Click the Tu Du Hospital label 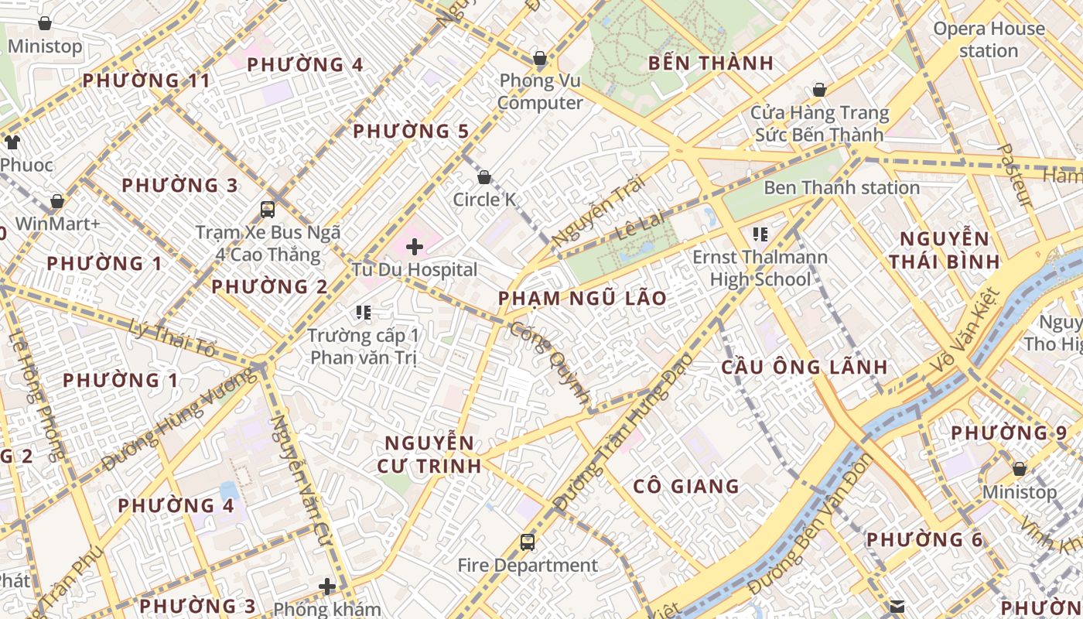pyautogui.click(x=415, y=270)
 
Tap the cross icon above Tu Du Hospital pyautogui.click(x=415, y=247)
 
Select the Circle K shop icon pyautogui.click(x=484, y=177)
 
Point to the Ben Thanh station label pyautogui.click(x=842, y=188)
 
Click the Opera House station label pyautogui.click(x=989, y=40)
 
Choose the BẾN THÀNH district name pyautogui.click(x=711, y=63)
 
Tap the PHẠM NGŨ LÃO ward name pyautogui.click(x=582, y=299)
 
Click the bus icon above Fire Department pyautogui.click(x=528, y=542)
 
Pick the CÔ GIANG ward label pyautogui.click(x=686, y=487)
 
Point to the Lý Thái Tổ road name pyautogui.click(x=173, y=338)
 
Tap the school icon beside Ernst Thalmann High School pyautogui.click(x=760, y=234)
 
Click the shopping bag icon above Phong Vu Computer pyautogui.click(x=540, y=58)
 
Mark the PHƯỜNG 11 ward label pyautogui.click(x=146, y=80)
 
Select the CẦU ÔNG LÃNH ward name pyautogui.click(x=804, y=368)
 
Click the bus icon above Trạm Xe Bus pyautogui.click(x=268, y=209)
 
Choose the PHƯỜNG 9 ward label pyautogui.click(x=1009, y=433)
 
